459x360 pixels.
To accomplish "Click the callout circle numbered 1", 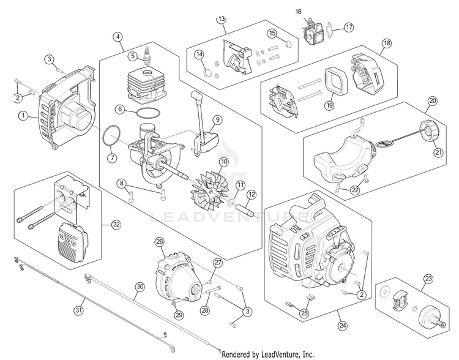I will tap(23, 115).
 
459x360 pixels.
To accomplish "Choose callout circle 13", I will tap(221, 20).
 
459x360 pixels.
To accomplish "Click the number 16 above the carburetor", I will tap(299, 12).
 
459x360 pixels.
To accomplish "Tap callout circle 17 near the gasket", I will tap(348, 27).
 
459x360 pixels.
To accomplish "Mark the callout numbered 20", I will tap(433, 100).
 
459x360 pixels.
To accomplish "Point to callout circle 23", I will tap(428, 279).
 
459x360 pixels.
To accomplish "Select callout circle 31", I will tap(78, 310).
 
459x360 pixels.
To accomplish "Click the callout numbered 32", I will tap(115, 224).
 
